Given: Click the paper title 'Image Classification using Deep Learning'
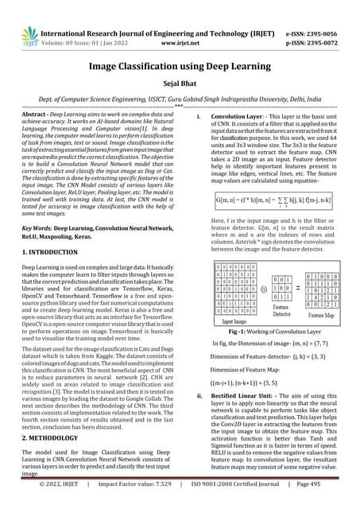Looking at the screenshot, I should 180,70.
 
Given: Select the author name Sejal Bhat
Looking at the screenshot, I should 180,90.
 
